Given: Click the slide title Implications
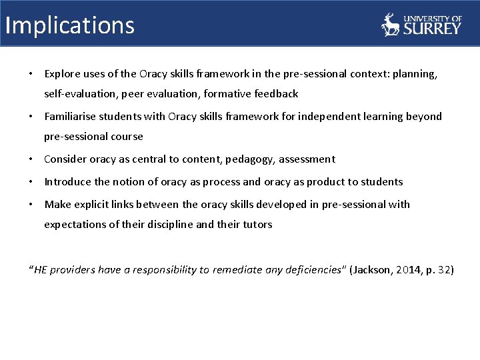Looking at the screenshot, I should [x=69, y=25].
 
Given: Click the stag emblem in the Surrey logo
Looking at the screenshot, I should [x=390, y=25].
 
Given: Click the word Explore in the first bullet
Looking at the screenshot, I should [x=62, y=74].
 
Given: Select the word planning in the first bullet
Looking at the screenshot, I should [x=415, y=74].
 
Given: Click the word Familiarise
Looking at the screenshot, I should [x=70, y=117].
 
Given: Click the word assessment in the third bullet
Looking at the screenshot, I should [x=307, y=159].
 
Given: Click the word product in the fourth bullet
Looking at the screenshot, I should [x=312, y=182].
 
